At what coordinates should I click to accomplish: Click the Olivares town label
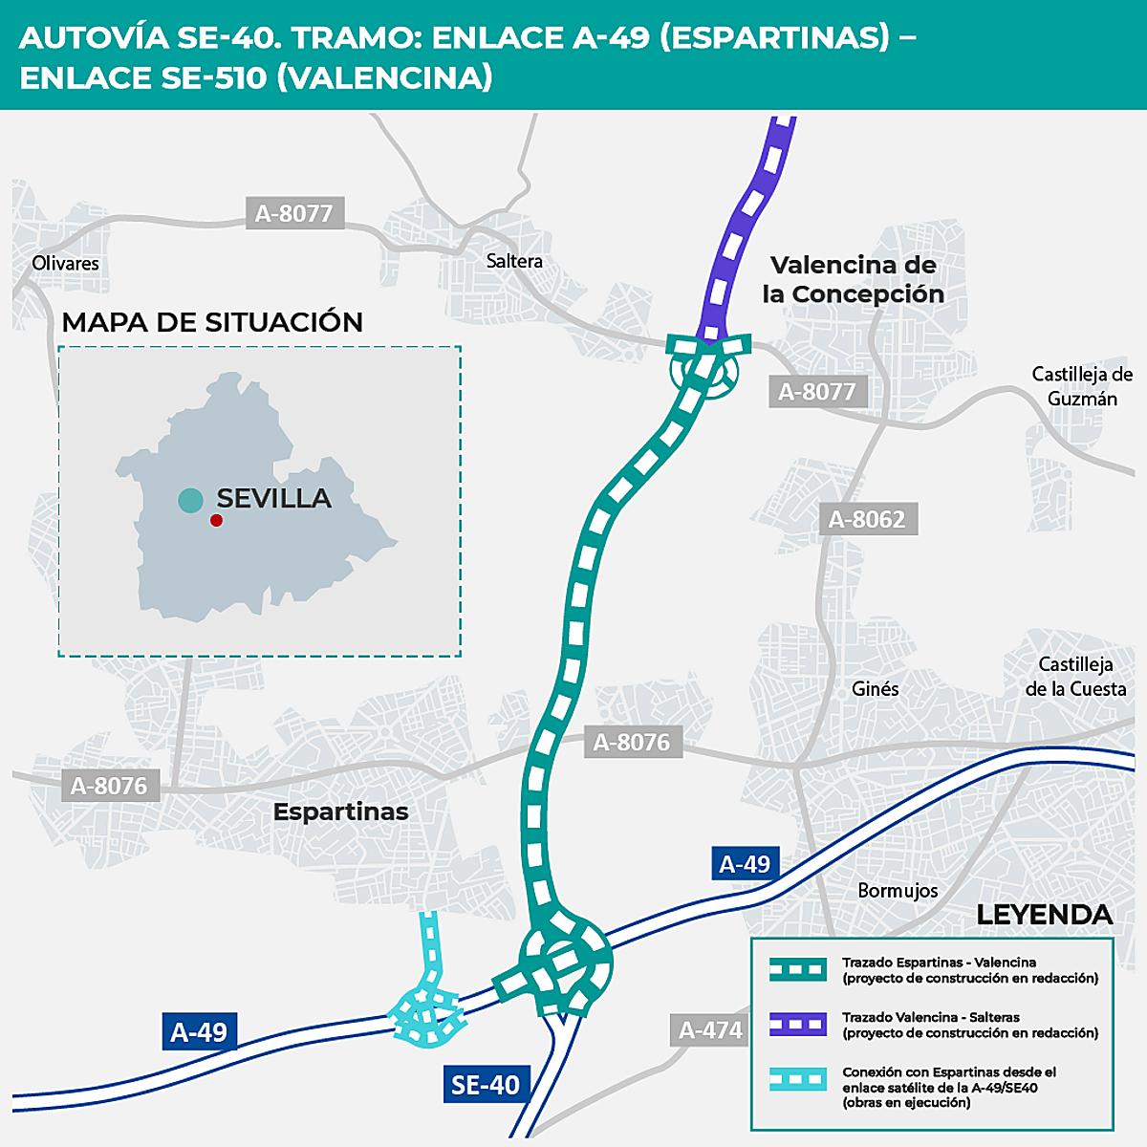(x=65, y=263)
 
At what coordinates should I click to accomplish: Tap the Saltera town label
(x=514, y=261)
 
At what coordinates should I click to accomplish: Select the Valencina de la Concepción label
(x=853, y=279)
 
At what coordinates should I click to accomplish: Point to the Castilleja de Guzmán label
(x=1082, y=386)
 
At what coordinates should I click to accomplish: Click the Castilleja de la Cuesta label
(x=1075, y=677)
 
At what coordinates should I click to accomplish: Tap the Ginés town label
(x=875, y=688)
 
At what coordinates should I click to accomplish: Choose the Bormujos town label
(x=898, y=890)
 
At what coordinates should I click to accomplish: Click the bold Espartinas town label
(x=340, y=812)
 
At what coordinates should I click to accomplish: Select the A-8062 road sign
(x=868, y=519)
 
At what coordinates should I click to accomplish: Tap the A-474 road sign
(x=710, y=1030)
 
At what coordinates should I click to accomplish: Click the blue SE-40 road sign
(x=486, y=1085)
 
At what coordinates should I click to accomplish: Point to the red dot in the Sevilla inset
(x=216, y=520)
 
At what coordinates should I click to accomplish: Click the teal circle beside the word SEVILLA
(x=190, y=499)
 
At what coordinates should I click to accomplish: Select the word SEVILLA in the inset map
(x=273, y=498)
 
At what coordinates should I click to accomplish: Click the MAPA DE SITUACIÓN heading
(x=212, y=322)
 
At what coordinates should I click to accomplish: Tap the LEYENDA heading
(x=1044, y=915)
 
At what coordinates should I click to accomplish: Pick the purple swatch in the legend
(x=798, y=1025)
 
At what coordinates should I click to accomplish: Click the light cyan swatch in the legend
(x=798, y=1080)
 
